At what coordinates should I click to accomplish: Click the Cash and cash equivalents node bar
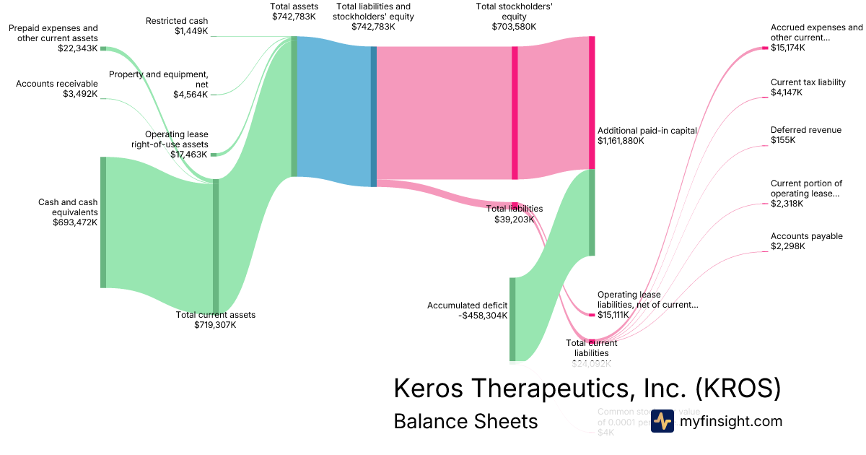pyautogui.click(x=103, y=222)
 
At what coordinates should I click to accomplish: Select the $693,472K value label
pyautogui.click(x=75, y=222)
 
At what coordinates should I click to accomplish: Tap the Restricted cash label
pyautogui.click(x=177, y=21)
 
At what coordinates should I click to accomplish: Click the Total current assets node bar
pyautogui.click(x=216, y=246)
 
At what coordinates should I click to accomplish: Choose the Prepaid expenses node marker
pyautogui.click(x=103, y=48)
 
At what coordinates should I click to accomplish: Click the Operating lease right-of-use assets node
pyautogui.click(x=214, y=154)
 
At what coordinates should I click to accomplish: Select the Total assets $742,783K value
pyautogui.click(x=294, y=17)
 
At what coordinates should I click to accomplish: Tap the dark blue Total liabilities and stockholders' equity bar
pyautogui.click(x=374, y=116)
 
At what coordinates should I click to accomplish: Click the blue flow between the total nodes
pyautogui.click(x=333, y=108)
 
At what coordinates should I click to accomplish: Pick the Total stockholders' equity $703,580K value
pyautogui.click(x=514, y=27)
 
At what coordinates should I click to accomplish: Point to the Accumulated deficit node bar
pyautogui.click(x=513, y=318)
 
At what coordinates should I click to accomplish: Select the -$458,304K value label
pyautogui.click(x=483, y=316)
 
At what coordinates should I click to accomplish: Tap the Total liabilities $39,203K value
pyautogui.click(x=515, y=219)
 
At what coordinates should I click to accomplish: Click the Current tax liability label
pyautogui.click(x=808, y=82)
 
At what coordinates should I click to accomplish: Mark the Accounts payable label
pyautogui.click(x=806, y=236)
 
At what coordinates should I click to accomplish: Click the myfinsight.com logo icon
pyautogui.click(x=662, y=421)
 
